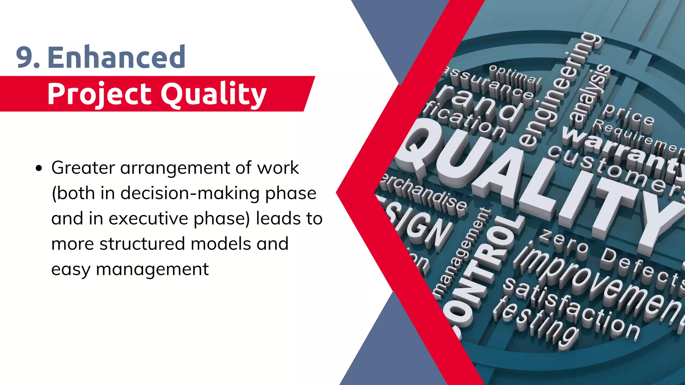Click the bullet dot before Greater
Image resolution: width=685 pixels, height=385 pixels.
coord(39,168)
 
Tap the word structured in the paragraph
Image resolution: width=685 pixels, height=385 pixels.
coord(142,244)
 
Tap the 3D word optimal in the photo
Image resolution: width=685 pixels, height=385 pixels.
coord(515,75)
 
